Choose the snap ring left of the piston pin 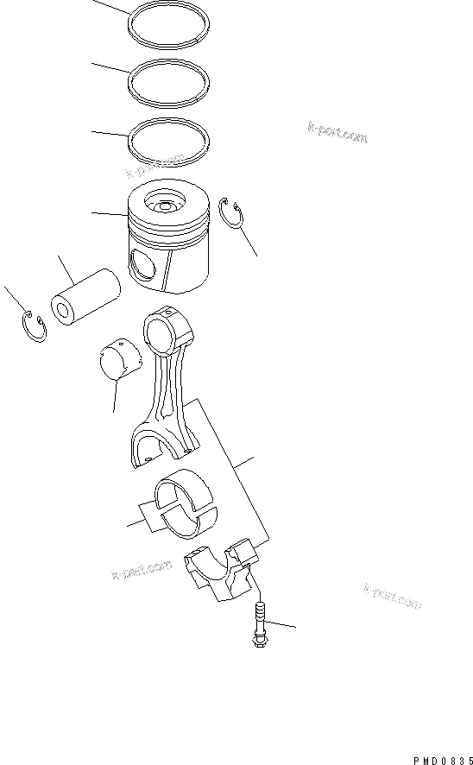click(33, 328)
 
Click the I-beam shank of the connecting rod click(171, 389)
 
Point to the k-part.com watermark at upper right click(337, 133)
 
